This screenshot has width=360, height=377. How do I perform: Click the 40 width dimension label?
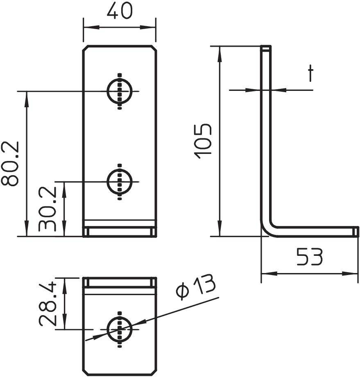120,11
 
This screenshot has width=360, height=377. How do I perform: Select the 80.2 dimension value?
11,164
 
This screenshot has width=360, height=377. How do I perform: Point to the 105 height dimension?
204,141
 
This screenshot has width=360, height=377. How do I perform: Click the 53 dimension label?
310,257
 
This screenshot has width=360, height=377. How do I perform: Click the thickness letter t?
311,74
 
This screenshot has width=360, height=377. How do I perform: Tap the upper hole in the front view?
120,91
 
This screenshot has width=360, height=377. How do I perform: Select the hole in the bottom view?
120,328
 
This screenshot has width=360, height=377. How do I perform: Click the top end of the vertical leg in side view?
266,48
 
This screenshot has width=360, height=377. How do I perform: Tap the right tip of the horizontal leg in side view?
356,231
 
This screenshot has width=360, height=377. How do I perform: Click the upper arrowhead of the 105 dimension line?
220,51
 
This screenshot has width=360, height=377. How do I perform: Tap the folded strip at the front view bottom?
120,232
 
